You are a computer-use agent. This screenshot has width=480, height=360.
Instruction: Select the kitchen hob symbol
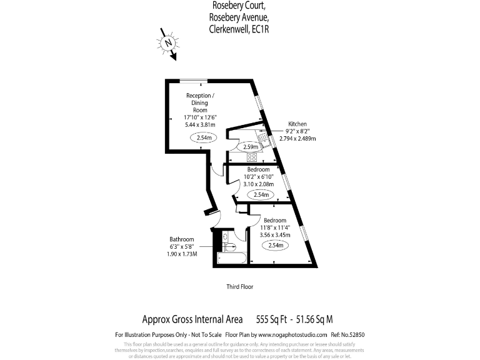tap(252, 157)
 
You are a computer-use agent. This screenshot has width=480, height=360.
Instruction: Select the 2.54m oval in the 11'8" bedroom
tap(275, 246)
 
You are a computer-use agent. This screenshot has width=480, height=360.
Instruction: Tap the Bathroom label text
tap(182, 239)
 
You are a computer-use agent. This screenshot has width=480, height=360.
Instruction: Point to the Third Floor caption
tap(239, 287)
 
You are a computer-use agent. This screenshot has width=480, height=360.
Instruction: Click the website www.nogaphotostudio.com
tap(289, 334)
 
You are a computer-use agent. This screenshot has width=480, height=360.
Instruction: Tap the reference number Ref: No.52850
tap(347, 334)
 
